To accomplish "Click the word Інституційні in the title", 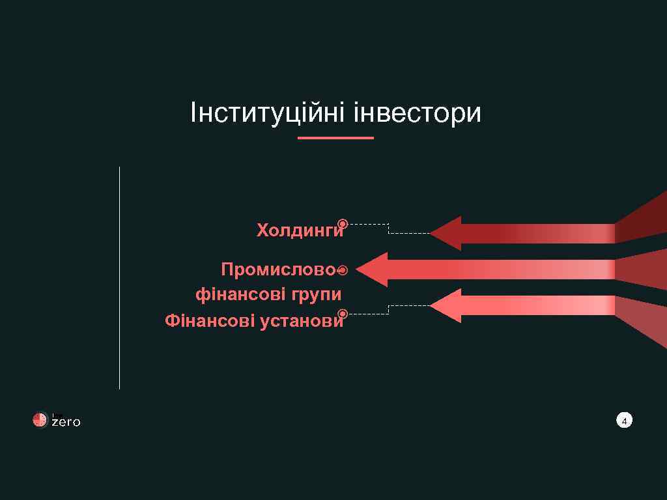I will click(x=268, y=113).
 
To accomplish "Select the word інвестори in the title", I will click(x=417, y=113).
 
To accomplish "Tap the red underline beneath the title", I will click(x=335, y=138).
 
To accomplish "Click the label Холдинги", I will click(x=300, y=230).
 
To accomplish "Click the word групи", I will click(x=317, y=295).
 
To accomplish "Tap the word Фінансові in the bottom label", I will click(x=210, y=321).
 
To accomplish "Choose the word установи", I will click(x=301, y=321).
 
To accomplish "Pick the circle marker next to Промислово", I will click(x=343, y=270).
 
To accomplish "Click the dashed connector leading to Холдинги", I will click(x=388, y=228).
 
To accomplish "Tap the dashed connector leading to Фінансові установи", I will click(x=388, y=310).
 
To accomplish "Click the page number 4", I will click(x=624, y=421).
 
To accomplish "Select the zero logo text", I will click(x=66, y=422).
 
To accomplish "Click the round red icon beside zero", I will click(x=40, y=421).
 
